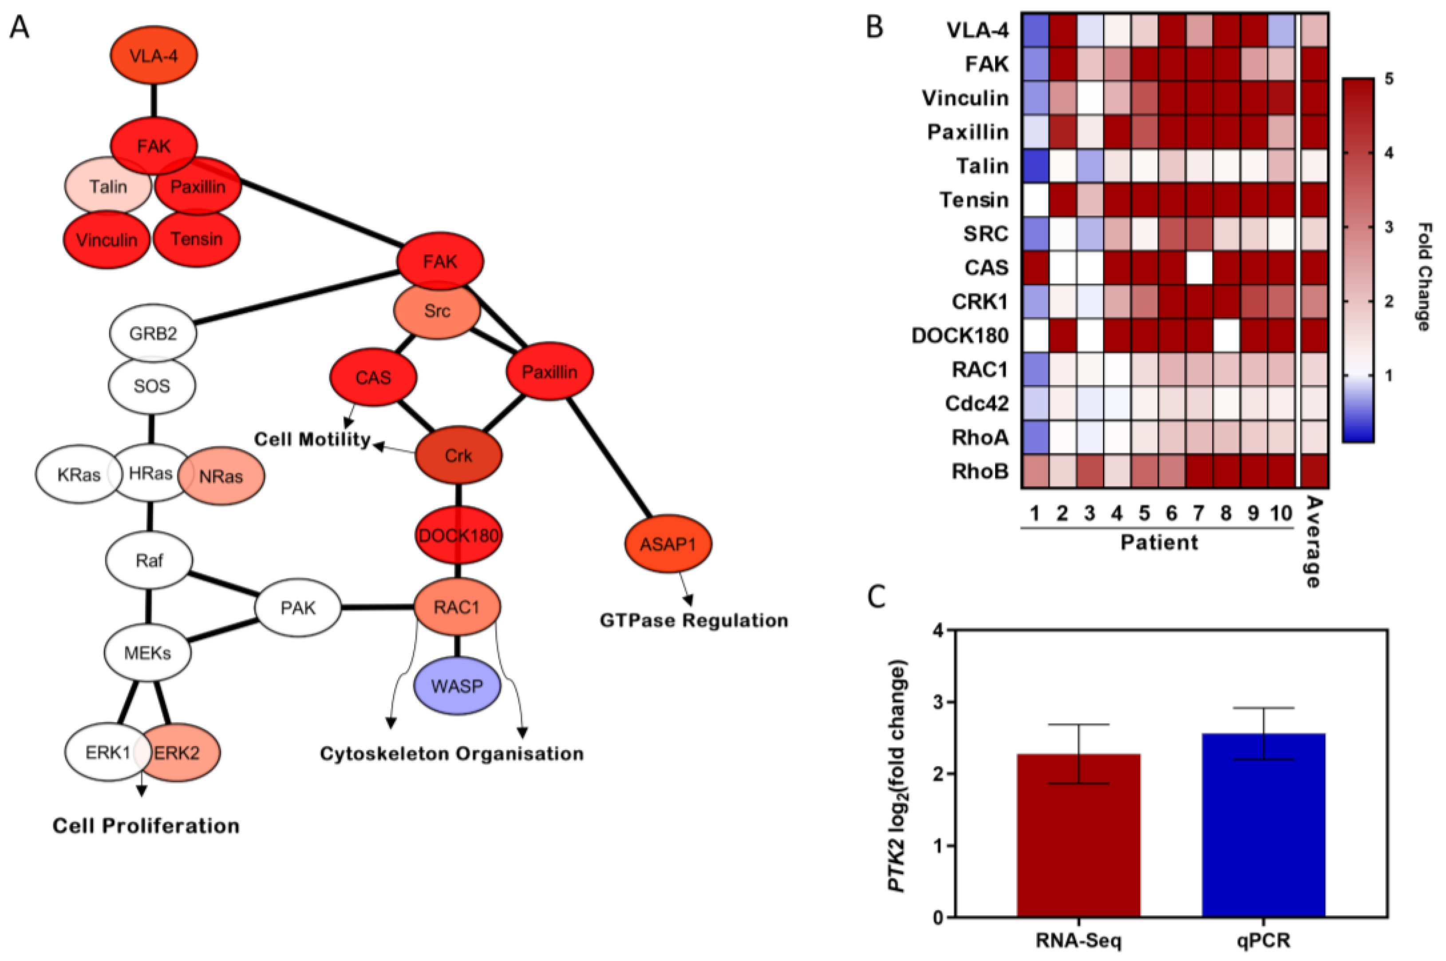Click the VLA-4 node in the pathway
154,56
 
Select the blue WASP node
457,686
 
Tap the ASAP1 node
668,544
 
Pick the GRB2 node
153,333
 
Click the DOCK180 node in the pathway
458,535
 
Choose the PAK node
298,608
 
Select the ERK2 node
178,753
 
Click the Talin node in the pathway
108,186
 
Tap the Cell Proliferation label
146,826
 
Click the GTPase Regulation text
694,620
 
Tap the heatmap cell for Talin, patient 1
1035,166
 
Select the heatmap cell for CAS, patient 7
1198,268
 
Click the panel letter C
877,596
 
